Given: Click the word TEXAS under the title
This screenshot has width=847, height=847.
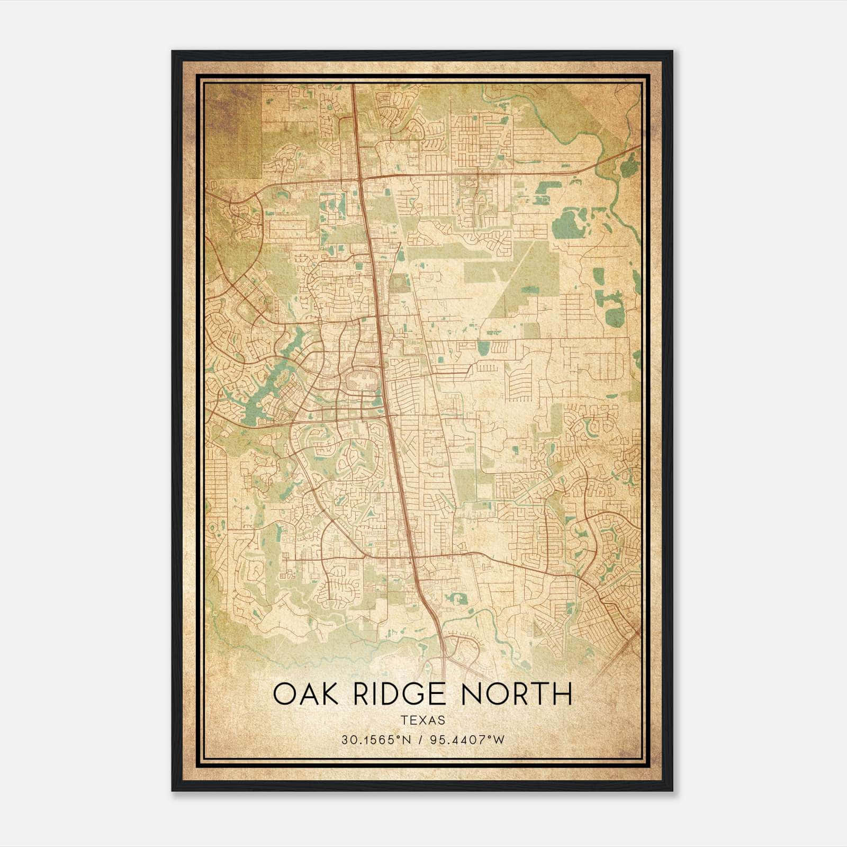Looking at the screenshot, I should [422, 720].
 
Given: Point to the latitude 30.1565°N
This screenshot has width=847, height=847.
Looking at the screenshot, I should [376, 740].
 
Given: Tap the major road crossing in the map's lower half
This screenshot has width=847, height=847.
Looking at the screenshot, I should [412, 557].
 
